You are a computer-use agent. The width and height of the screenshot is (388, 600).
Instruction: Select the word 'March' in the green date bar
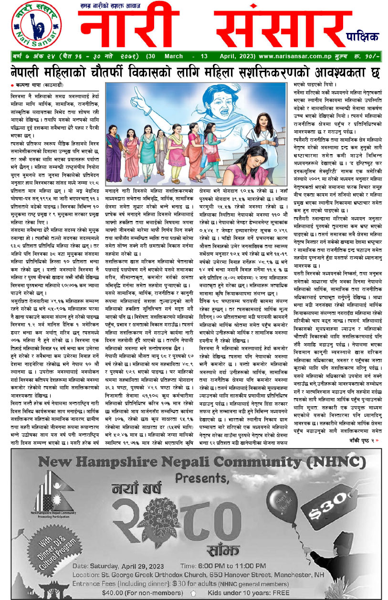point(167,56)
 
